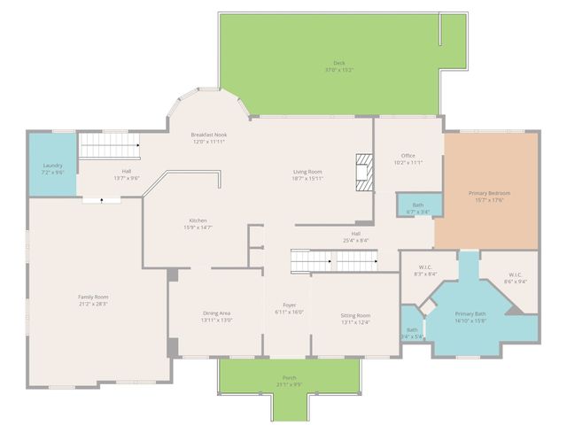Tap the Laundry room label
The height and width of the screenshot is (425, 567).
pyautogui.click(x=52, y=168)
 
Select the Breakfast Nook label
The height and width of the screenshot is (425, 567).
pyautogui.click(x=209, y=137)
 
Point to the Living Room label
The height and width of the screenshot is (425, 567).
pyautogui.click(x=307, y=174)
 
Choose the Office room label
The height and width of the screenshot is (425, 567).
pyautogui.click(x=408, y=158)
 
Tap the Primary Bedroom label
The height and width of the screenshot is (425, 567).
pyautogui.click(x=489, y=196)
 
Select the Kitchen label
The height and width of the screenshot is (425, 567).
pyautogui.click(x=198, y=224)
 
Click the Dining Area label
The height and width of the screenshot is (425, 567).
pyautogui.click(x=217, y=316)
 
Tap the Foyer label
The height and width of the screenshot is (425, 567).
pyautogui.click(x=289, y=308)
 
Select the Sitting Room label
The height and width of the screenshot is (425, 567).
pyautogui.click(x=355, y=318)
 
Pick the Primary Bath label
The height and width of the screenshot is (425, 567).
pyautogui.click(x=470, y=317)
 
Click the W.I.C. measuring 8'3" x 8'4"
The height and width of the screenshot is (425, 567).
pyautogui.click(x=424, y=271)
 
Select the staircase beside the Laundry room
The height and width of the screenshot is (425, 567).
pyautogui.click(x=110, y=146)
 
